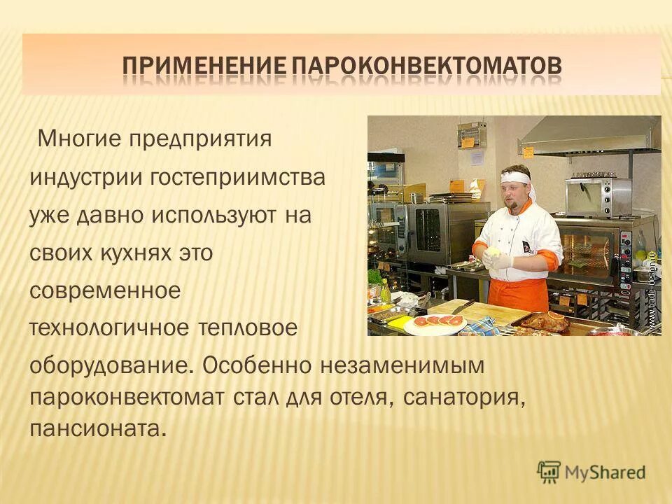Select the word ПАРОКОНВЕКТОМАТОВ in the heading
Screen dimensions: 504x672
tap(426, 67)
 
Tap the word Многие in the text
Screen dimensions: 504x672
tap(80, 139)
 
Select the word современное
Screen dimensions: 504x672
tap(105, 290)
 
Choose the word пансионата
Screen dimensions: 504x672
tap(98, 428)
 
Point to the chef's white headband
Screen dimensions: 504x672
tap(516, 177)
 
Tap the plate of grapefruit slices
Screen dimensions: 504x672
tap(434, 322)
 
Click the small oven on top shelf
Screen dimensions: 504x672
tap(598, 197)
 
